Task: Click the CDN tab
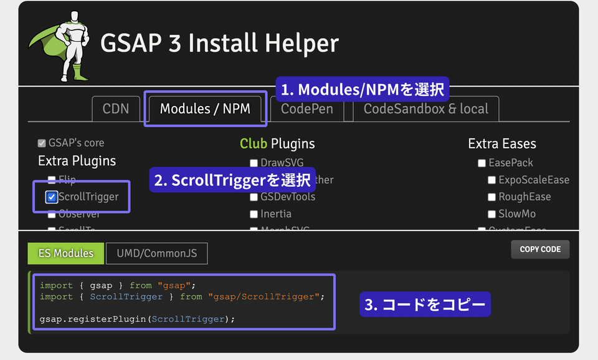click(116, 109)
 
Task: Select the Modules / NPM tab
click(205, 109)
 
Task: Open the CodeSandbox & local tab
click(426, 109)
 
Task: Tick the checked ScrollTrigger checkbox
click(52, 197)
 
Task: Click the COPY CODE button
click(540, 249)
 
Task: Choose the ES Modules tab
click(65, 253)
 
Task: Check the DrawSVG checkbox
click(254, 163)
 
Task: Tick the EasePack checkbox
click(482, 163)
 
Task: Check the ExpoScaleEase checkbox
click(492, 180)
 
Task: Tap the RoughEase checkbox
click(492, 197)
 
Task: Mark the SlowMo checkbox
click(492, 214)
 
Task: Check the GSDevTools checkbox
click(254, 197)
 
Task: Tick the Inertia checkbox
click(254, 214)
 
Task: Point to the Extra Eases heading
click(502, 144)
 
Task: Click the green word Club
click(253, 144)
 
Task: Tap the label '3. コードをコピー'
click(425, 305)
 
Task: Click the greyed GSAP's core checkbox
click(42, 143)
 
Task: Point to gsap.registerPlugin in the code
click(93, 319)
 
